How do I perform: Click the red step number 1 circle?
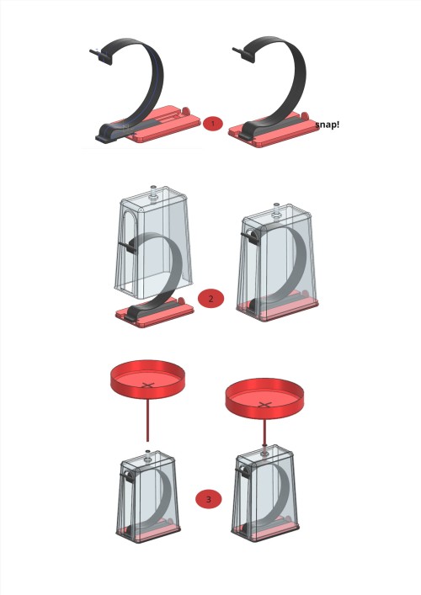pos(213,124)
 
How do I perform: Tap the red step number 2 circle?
pos(211,298)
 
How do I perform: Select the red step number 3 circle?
pos(209,499)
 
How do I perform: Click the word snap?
pos(328,125)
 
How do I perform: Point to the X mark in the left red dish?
pos(148,385)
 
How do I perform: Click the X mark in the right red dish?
pos(264,405)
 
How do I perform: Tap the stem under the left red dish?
pos(147,420)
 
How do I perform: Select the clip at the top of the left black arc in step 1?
pos(102,56)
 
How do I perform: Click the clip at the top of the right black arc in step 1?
pos(243,54)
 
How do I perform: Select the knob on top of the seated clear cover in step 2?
pos(277,210)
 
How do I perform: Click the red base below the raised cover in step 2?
pos(155,312)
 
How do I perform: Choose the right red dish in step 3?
pos(264,398)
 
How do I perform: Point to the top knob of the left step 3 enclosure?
pos(147,455)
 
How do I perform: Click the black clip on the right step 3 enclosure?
pos(242,472)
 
